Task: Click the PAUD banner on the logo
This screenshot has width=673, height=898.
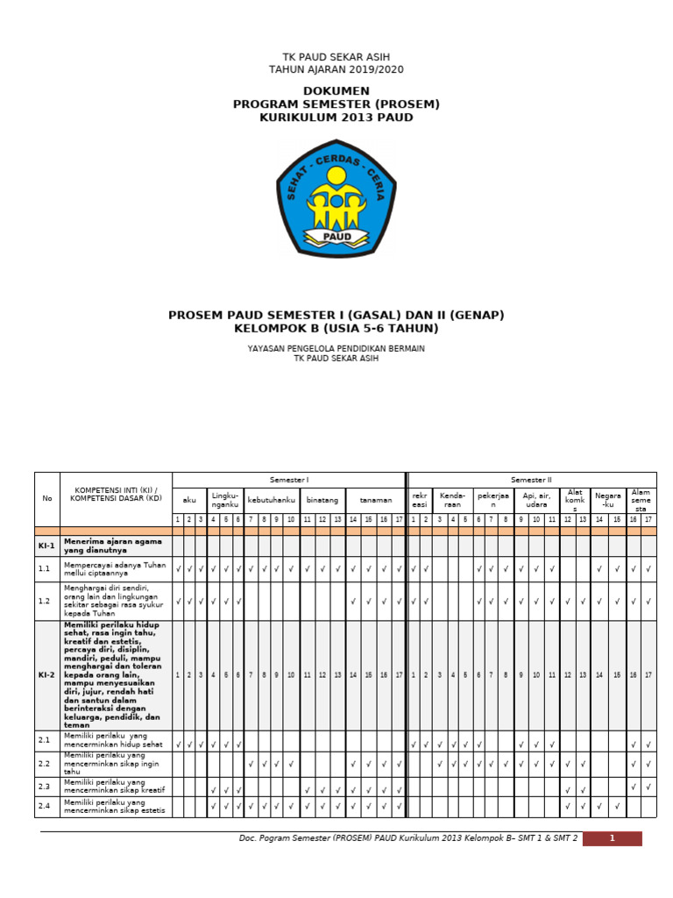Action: [336, 237]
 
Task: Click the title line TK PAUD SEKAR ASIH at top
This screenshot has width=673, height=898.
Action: [336, 57]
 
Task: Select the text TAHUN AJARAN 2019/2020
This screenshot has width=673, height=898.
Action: [336, 70]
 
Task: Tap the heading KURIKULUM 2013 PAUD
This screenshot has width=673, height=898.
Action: [336, 118]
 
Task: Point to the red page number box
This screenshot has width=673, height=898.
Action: [612, 838]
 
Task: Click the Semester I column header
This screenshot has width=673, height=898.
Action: [289, 480]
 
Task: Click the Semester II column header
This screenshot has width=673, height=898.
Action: [532, 480]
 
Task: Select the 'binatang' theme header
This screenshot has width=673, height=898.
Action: [322, 500]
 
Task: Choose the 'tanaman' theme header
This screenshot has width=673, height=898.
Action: [375, 500]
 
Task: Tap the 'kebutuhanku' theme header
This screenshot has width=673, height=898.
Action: [271, 500]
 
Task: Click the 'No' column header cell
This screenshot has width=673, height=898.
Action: [47, 498]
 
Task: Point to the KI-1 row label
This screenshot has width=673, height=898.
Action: [47, 545]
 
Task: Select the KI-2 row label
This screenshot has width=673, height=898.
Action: [47, 675]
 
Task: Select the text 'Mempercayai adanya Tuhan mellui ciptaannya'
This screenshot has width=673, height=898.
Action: [114, 569]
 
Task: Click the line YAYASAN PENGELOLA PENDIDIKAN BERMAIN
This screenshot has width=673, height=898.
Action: [336, 348]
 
